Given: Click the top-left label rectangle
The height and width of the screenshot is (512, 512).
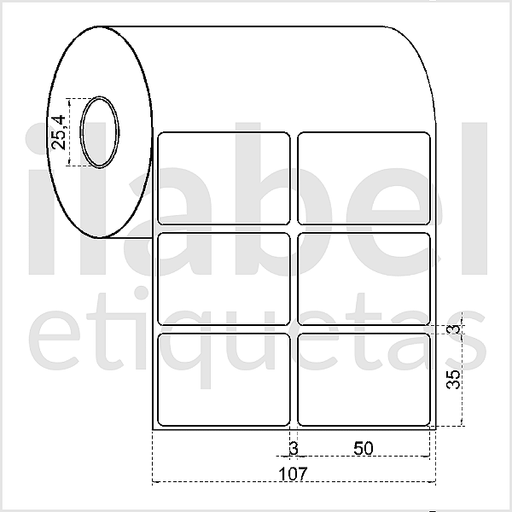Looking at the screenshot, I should click(224, 177).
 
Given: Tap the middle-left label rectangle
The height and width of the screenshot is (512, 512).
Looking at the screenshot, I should click(224, 277).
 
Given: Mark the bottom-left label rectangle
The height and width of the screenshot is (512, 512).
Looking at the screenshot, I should click(224, 379).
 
